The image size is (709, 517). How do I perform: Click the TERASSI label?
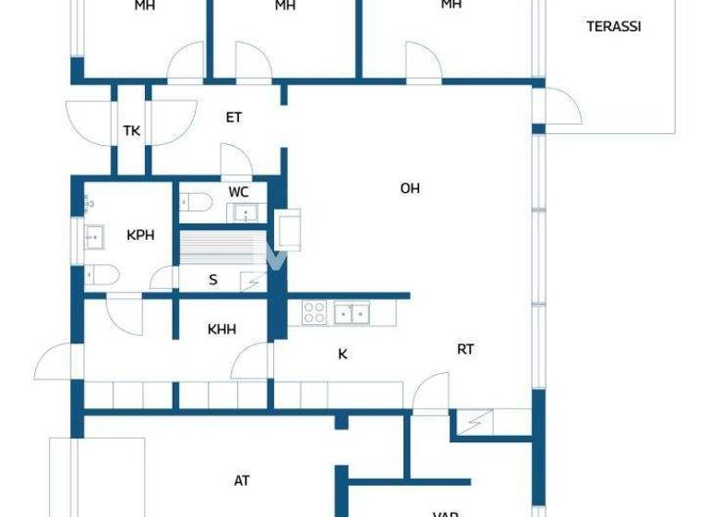[613, 27]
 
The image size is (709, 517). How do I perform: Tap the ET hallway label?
[234, 117]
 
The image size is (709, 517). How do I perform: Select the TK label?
[132, 131]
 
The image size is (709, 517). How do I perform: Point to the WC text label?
[238, 192]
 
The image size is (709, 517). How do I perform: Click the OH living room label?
[410, 188]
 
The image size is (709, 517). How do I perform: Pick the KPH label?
[140, 234]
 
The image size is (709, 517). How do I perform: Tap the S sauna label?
[213, 279]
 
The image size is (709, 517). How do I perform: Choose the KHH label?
[222, 328]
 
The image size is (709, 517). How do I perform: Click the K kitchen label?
[342, 353]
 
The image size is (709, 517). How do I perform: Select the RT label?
[465, 349]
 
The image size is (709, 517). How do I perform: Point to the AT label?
[242, 480]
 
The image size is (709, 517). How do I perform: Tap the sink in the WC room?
[245, 213]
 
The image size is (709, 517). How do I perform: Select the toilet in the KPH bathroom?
[101, 274]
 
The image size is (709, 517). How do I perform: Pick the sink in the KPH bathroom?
[93, 237]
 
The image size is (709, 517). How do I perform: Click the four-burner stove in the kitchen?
[315, 313]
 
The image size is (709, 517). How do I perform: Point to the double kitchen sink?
[351, 313]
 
